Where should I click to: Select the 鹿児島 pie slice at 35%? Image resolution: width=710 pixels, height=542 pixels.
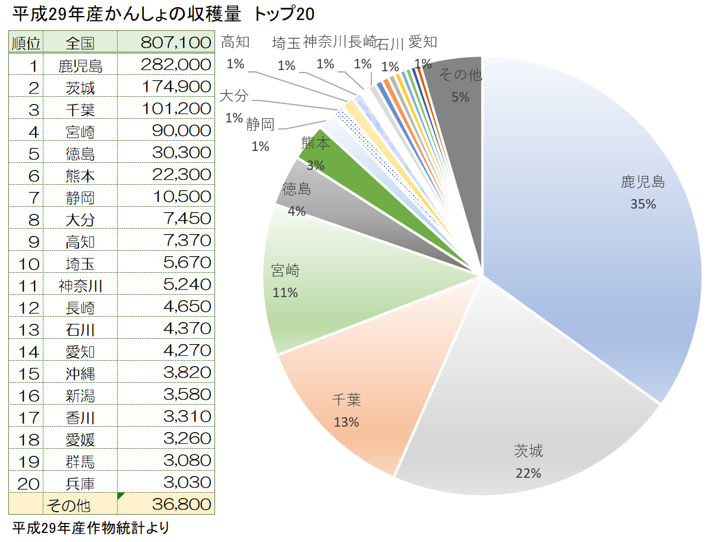[x=594, y=226]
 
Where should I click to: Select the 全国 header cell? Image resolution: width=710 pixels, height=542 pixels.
[x=81, y=43]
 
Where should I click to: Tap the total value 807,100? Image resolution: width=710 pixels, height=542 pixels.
[x=176, y=43]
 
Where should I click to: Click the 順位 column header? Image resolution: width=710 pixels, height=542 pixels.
[x=26, y=43]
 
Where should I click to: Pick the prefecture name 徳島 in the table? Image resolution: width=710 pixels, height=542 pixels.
[x=81, y=153]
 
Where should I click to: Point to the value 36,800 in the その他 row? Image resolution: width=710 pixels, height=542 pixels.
[x=181, y=505]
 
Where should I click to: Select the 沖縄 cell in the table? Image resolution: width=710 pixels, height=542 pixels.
[x=81, y=373]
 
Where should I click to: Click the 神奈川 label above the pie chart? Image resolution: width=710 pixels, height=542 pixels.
[x=324, y=42]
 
